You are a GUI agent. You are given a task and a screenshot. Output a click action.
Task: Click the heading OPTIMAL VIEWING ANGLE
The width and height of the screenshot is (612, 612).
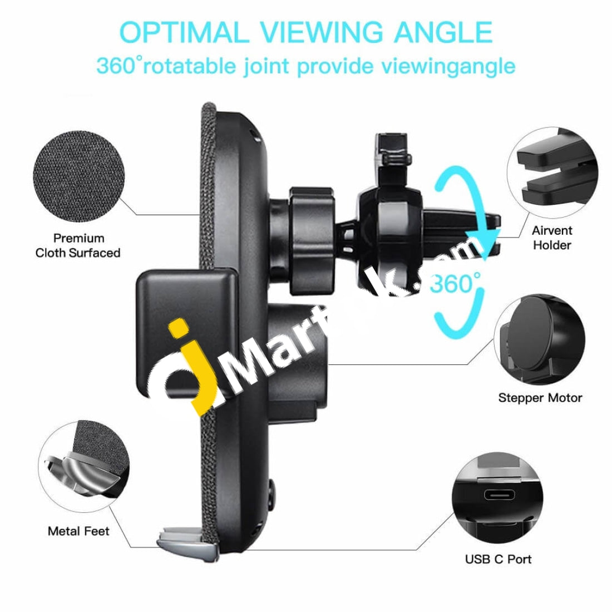pyautogui.click(x=306, y=32)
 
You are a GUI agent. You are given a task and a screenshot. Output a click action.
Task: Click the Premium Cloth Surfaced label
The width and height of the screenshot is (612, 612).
pyautogui.click(x=78, y=245)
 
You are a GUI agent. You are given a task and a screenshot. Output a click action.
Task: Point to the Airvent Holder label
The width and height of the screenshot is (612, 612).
pyautogui.click(x=551, y=238)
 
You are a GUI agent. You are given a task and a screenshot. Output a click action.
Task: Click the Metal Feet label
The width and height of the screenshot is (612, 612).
pyautogui.click(x=78, y=531)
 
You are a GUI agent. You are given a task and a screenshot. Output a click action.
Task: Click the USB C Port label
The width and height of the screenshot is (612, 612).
pyautogui.click(x=499, y=559)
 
